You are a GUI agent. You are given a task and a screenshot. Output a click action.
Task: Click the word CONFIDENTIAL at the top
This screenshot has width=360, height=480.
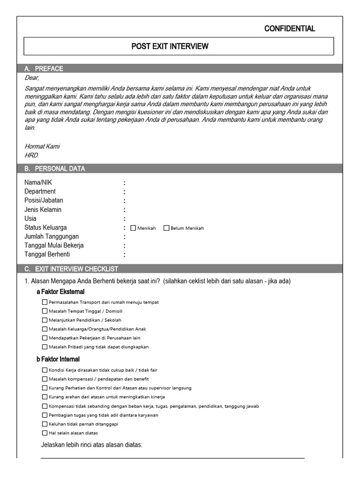point(290,29)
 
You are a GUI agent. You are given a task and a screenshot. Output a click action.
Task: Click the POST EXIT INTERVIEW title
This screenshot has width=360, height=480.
point(170,46)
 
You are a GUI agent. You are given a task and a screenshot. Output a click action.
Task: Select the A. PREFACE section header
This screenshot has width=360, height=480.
point(44,68)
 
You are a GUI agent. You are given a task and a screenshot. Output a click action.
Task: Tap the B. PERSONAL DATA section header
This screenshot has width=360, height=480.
point(55,169)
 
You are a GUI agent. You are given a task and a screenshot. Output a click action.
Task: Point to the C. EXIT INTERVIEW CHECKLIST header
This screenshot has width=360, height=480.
point(71,269)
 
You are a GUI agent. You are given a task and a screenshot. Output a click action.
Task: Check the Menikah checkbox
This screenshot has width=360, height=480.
point(133,228)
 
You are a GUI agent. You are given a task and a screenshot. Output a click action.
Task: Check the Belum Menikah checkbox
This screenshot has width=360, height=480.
point(166,228)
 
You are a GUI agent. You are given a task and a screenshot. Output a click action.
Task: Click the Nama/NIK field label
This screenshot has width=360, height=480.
point(38,182)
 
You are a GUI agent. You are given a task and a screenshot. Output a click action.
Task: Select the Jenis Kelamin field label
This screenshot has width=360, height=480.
point(43,210)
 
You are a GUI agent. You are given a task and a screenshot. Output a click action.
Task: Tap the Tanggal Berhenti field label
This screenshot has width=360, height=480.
point(47,254)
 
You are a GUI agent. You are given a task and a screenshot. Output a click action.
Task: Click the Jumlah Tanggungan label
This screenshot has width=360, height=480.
point(52,236)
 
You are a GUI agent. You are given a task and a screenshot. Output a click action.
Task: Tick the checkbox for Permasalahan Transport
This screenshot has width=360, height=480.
point(45,302)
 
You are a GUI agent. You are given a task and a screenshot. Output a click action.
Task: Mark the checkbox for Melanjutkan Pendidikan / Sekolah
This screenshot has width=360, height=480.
point(45,320)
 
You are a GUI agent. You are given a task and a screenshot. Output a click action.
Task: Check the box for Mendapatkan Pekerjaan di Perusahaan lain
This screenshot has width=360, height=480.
point(45,338)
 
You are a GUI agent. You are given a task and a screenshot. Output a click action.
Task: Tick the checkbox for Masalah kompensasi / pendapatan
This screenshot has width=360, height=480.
point(45,379)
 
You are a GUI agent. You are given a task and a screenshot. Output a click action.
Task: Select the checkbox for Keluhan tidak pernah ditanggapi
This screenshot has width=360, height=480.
point(45,424)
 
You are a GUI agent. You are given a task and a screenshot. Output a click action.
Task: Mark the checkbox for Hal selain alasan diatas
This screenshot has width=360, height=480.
point(45,433)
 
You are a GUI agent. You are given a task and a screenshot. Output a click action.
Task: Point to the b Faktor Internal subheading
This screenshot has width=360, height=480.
point(58,359)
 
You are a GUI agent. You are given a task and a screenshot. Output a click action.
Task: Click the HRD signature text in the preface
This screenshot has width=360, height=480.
point(31,155)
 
